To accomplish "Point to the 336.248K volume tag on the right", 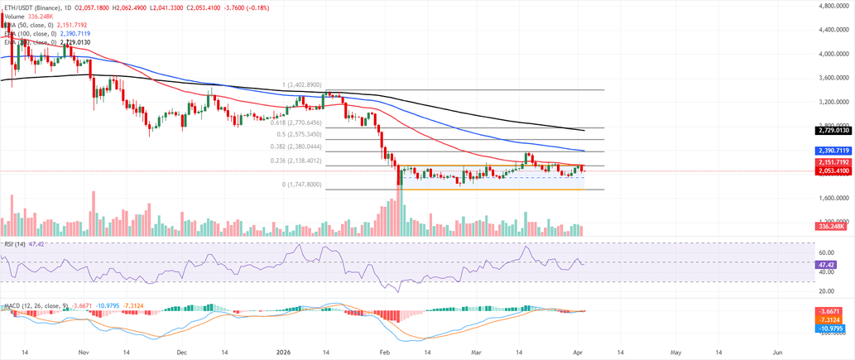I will (830, 227).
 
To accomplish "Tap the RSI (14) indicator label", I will (13, 245).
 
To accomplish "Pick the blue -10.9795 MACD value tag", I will (829, 328).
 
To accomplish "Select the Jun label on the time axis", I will (776, 351).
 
